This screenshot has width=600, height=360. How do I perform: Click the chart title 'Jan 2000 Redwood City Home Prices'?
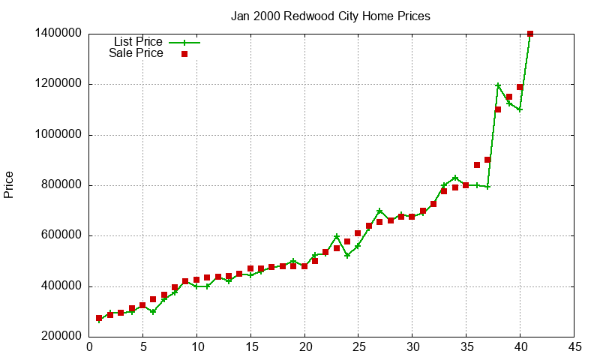(331, 16)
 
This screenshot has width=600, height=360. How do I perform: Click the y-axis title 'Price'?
(9, 184)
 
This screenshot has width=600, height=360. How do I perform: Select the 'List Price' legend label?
(138, 41)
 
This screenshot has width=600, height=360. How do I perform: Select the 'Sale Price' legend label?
(136, 53)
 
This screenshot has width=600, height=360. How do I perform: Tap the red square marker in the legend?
(184, 54)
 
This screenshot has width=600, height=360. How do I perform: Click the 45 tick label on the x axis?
(574, 347)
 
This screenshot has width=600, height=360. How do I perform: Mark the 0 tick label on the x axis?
(89, 347)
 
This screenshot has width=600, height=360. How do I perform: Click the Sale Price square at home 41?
(530, 34)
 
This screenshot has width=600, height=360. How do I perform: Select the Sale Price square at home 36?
(477, 165)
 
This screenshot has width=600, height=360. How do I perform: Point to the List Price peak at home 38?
(498, 85)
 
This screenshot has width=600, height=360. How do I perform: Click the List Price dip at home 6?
(153, 311)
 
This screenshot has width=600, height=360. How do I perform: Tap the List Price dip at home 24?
(347, 255)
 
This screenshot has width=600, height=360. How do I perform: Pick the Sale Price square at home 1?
(99, 318)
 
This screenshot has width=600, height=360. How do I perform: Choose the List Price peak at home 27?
(379, 211)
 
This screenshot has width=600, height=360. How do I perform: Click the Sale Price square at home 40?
(520, 87)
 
